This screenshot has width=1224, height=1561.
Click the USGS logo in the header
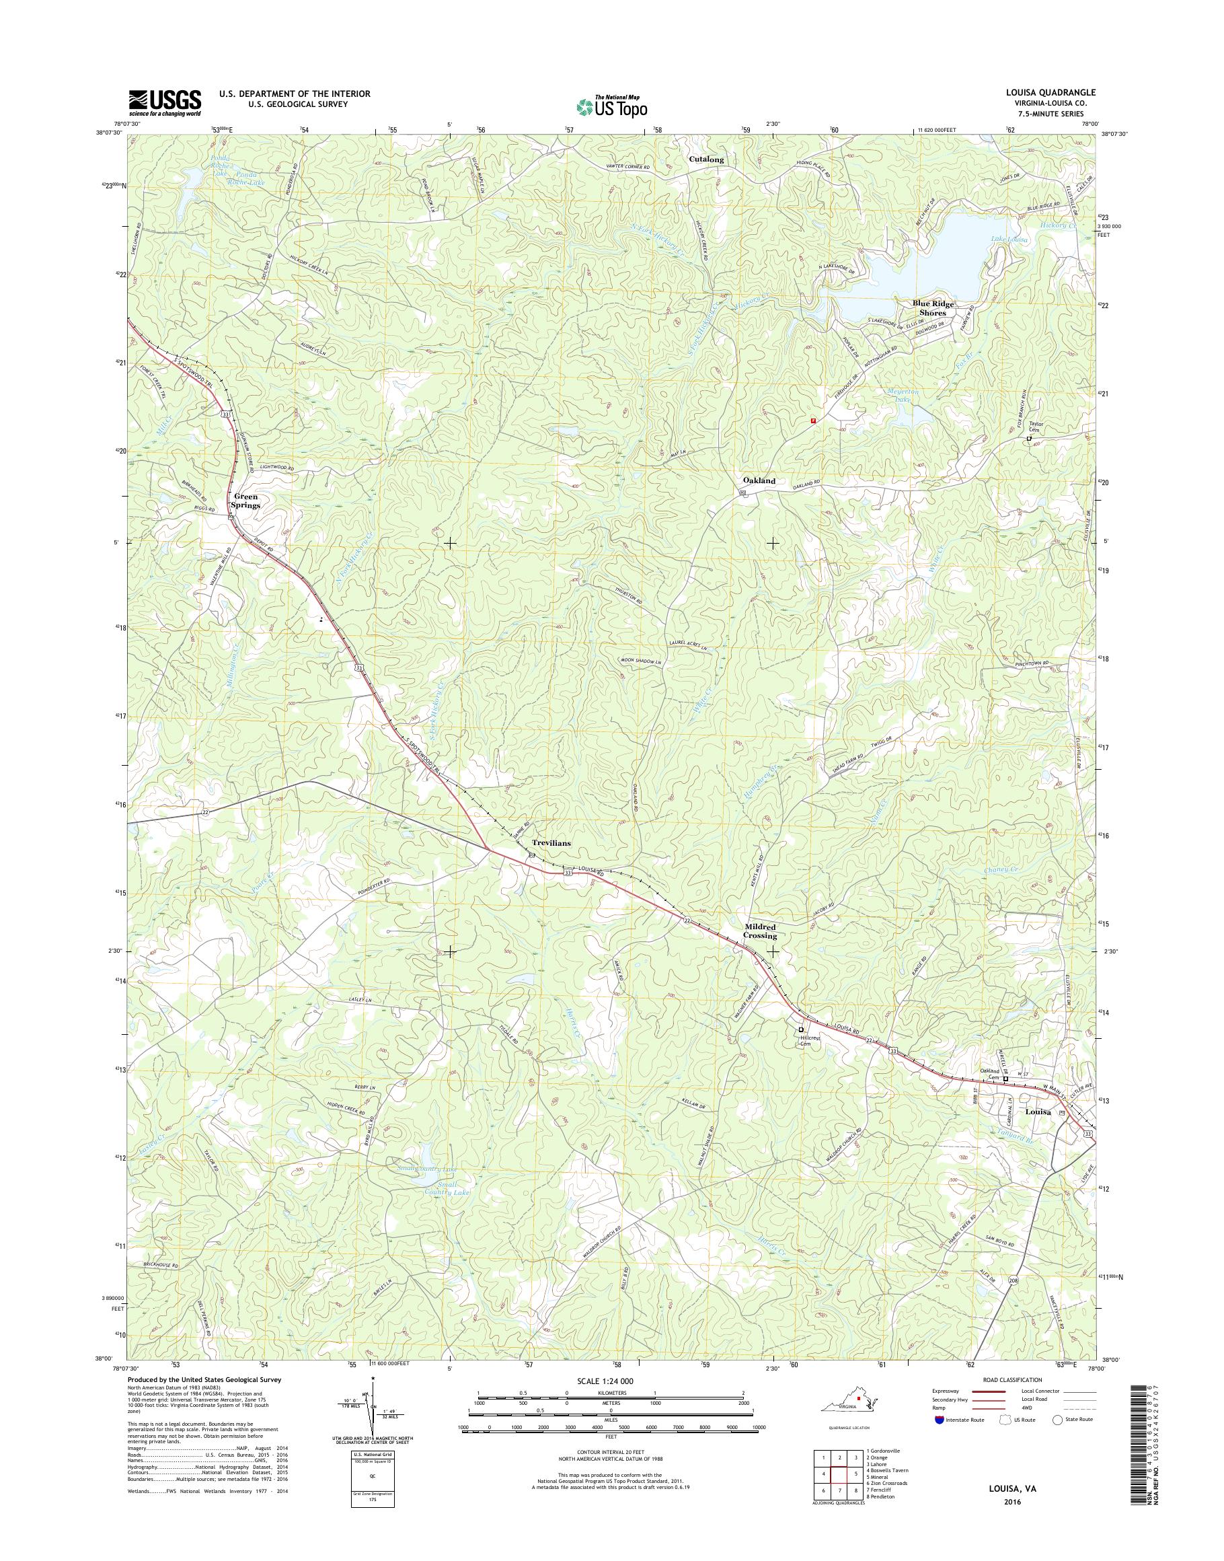coord(165,102)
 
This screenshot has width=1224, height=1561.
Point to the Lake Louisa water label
coord(1009,240)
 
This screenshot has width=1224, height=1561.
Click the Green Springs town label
coord(244,501)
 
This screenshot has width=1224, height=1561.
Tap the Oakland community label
coord(758,480)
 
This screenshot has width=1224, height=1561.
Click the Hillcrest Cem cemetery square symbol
coord(801,1029)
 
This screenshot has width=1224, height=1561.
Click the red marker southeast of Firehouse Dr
coord(812,422)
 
